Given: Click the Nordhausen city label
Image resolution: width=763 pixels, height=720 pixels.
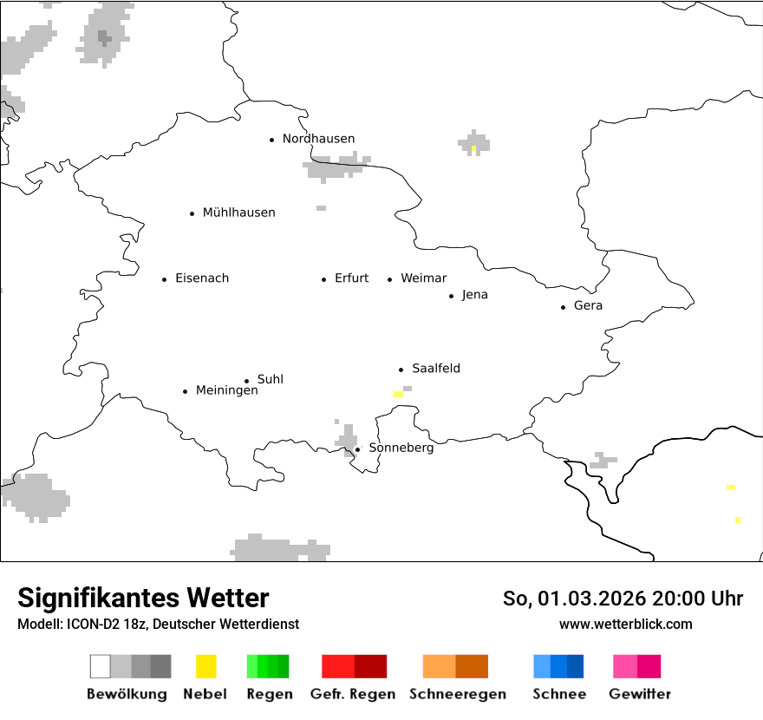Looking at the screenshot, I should pos(318,139).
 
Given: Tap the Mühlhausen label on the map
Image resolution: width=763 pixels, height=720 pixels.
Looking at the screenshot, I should pos(238,213).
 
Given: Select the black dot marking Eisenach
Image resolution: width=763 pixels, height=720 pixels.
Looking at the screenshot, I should pos(164,279).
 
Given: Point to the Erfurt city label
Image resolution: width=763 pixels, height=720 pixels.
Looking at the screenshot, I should pos(351,278).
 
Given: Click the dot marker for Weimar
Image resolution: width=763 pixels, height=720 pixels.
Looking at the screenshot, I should pos(390,279).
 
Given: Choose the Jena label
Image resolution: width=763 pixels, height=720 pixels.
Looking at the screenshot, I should pos(474,295).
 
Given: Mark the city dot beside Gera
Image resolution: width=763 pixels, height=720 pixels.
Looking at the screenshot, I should pos(564,307).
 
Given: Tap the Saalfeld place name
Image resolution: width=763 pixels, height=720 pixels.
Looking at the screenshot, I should pos(435,369).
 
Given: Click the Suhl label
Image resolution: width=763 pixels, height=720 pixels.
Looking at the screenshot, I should pos(270,380).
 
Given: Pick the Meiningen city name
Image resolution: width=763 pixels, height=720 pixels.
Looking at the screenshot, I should pos(226,391).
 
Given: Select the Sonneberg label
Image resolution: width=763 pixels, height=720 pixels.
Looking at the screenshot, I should pos(401,448).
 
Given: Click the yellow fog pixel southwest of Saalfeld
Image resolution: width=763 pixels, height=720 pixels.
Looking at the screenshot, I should pos(398,394).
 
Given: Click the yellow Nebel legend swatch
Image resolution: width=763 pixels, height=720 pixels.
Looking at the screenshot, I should pos(206,666).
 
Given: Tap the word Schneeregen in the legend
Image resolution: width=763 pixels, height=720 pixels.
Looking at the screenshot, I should pos(457,694).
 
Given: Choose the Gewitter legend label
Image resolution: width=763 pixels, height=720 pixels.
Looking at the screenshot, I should pos(639,694).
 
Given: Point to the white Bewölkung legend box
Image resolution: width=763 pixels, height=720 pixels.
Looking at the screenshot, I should pos(101,666).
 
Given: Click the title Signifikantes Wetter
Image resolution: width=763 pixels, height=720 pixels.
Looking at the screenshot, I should pos(143,599).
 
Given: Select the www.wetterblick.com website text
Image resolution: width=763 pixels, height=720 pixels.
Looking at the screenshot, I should pos(625,624).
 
